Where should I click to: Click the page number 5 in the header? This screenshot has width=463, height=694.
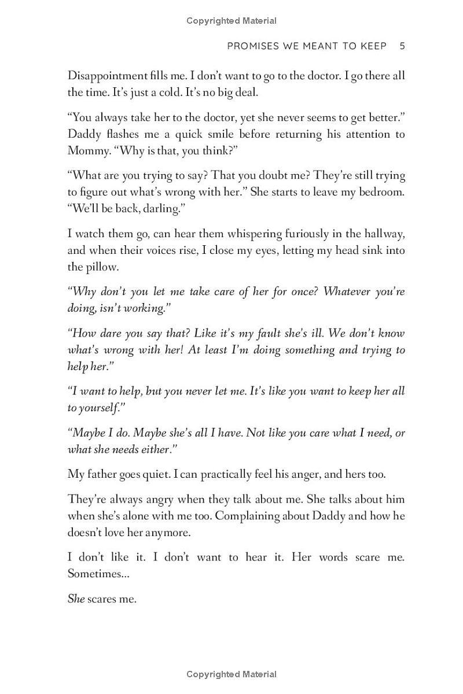(x=402, y=46)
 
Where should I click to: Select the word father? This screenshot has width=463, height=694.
(x=105, y=474)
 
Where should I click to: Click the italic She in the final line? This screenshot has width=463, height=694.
(x=76, y=599)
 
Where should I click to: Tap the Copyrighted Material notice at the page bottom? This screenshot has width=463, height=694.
(x=231, y=674)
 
